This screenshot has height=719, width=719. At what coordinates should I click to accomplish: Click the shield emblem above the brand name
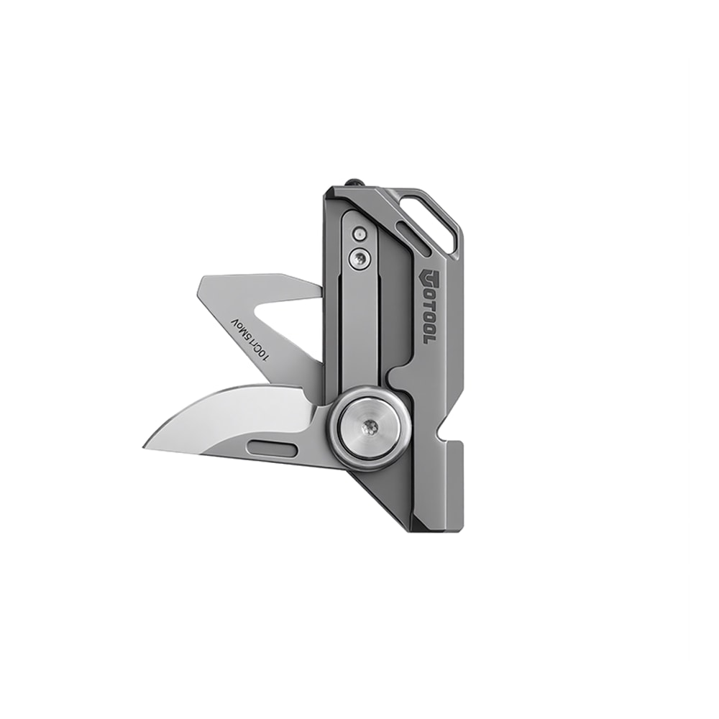pos(423,277)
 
